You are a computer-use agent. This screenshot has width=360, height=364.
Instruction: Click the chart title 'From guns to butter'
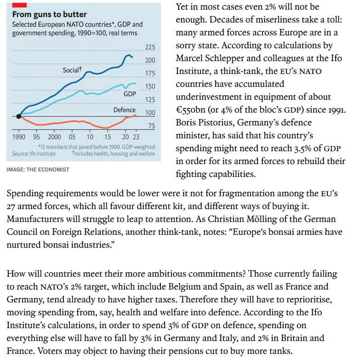50,15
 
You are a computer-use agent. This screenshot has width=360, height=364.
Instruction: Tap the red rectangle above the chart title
19,5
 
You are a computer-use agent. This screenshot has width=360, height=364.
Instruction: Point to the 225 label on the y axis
150,47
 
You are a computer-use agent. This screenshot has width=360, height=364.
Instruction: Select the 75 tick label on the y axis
152,126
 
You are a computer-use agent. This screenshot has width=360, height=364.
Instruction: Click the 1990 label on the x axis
19,137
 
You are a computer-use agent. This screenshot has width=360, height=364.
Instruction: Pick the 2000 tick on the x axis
54,137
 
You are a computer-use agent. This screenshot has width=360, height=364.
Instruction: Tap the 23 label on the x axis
136,137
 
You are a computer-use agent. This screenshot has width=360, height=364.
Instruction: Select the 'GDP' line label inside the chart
130,94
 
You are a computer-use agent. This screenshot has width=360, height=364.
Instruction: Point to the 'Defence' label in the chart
125,110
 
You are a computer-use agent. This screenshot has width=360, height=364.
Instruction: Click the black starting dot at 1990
19,116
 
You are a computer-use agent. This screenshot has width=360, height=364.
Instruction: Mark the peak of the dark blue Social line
128,55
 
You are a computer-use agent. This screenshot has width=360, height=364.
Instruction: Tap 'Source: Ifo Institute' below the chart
34,154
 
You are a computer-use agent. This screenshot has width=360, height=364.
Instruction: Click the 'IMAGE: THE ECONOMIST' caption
38,170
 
